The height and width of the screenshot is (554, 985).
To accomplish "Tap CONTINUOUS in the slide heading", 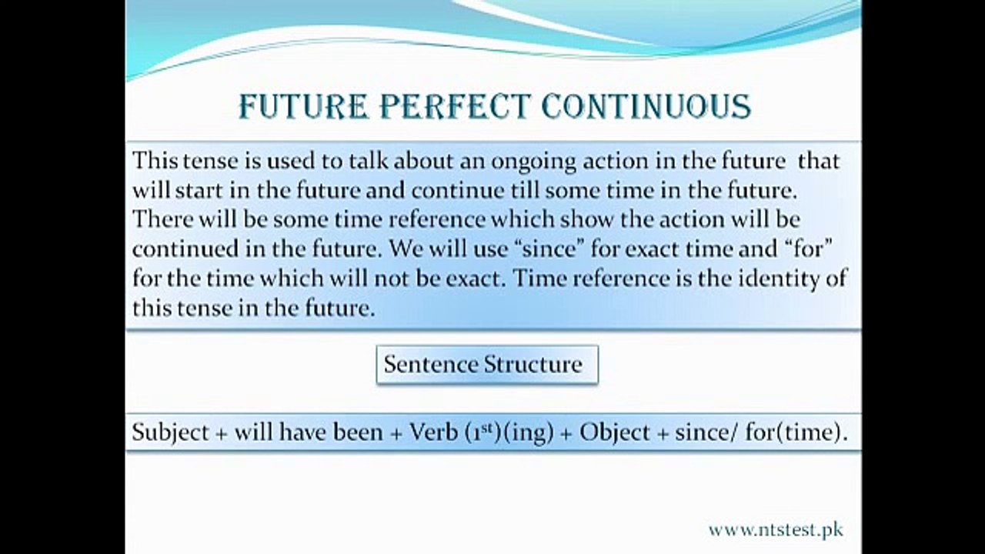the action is (x=646, y=106).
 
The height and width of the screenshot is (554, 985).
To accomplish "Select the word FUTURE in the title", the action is (x=303, y=106).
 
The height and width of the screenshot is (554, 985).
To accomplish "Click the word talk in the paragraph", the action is (x=369, y=161).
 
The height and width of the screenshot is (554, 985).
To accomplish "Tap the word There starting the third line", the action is (x=162, y=219).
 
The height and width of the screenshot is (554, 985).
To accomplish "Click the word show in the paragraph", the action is (x=586, y=219).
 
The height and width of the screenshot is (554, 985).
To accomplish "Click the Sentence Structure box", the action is (x=487, y=365).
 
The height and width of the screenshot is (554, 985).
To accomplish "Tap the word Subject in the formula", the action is (x=170, y=433).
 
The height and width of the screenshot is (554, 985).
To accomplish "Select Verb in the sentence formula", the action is (x=433, y=432).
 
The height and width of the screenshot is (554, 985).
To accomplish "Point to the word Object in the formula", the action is (x=614, y=433).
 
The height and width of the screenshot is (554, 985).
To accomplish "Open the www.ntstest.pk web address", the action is (x=776, y=530).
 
